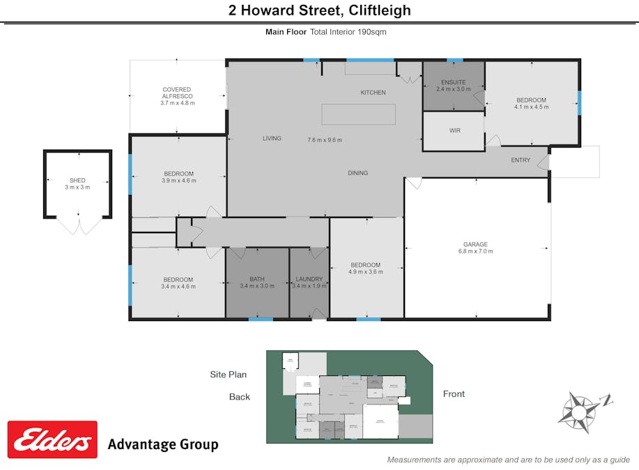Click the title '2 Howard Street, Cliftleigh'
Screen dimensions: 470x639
click(319, 10)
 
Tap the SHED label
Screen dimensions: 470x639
click(77, 180)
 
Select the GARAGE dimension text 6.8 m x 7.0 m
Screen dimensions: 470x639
click(477, 251)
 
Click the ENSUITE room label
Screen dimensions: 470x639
click(454, 82)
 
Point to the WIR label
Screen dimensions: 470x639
click(454, 130)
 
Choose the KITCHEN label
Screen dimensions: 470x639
click(372, 93)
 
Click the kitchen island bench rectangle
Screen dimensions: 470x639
click(358, 114)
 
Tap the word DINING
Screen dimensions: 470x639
click(357, 173)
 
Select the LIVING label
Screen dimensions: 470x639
click(272, 138)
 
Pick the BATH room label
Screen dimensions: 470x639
click(256, 279)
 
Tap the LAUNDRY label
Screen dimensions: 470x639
click(309, 279)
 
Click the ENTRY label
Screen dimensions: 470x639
click(520, 160)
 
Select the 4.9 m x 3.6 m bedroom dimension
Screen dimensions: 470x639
click(366, 272)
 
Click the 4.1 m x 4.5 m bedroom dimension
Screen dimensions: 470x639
click(531, 107)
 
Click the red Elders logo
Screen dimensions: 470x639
click(52, 439)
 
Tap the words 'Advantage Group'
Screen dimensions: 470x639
click(162, 444)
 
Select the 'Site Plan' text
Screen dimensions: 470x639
click(229, 375)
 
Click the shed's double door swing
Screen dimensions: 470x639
click(77, 226)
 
